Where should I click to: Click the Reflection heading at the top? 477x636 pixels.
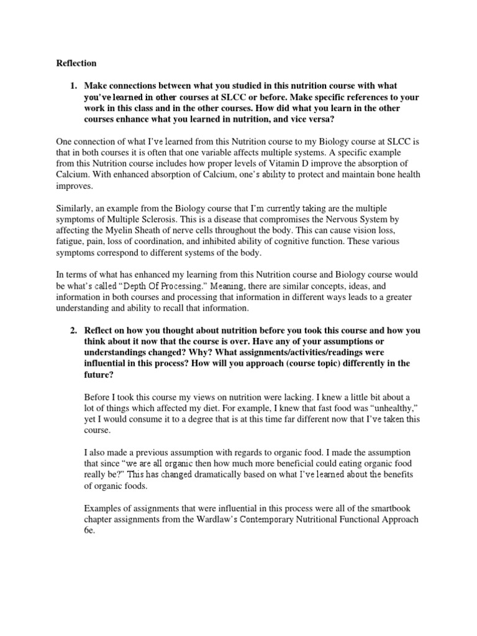[76, 63]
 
